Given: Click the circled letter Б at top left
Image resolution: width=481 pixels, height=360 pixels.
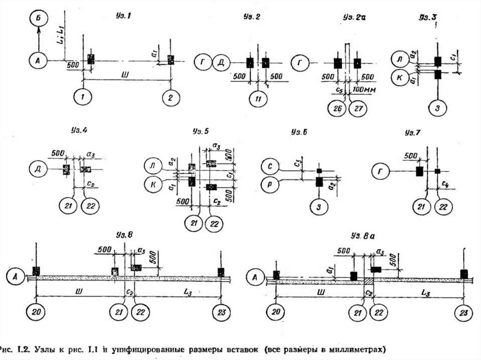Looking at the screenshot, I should (x=37, y=19).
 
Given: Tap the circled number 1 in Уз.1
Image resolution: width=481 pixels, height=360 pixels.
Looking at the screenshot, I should (x=83, y=97).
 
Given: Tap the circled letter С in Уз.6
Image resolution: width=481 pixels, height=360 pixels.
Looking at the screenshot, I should (x=271, y=166).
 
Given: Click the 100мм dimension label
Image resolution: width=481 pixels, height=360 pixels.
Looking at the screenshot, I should (x=365, y=89).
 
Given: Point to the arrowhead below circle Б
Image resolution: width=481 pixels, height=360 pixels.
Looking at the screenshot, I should (x=37, y=30).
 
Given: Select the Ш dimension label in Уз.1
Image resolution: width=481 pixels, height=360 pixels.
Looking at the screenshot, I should (x=124, y=75).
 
